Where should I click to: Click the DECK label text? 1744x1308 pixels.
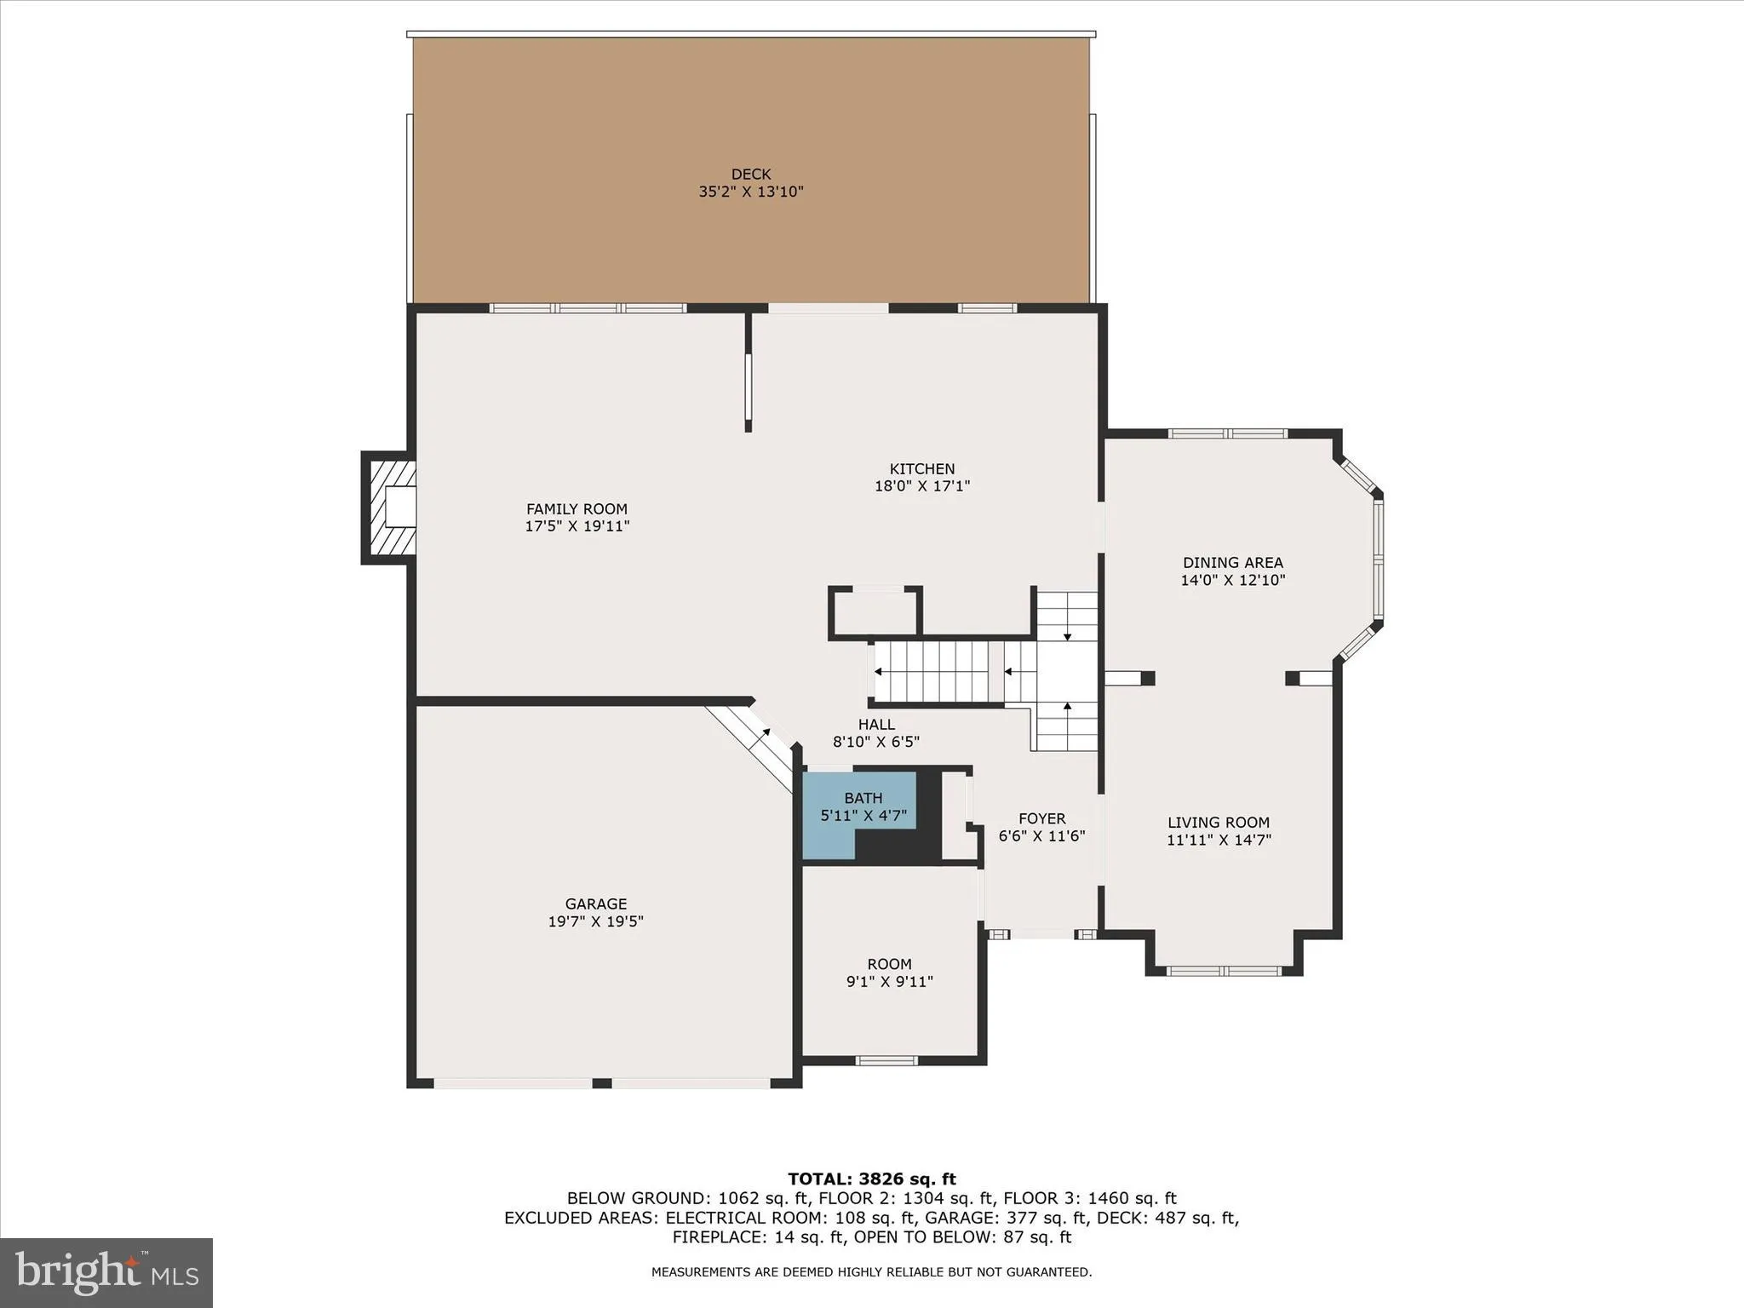(x=750, y=175)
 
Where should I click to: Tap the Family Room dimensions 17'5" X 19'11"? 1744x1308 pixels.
(x=577, y=526)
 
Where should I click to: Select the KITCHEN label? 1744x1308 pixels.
(x=921, y=468)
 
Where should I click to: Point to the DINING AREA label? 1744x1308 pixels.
(x=1232, y=562)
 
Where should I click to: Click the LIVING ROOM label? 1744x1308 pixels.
(x=1218, y=822)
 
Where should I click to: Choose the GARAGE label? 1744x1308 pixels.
(x=595, y=904)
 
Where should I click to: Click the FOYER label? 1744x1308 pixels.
(x=1041, y=818)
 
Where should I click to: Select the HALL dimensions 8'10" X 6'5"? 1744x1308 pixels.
(x=875, y=742)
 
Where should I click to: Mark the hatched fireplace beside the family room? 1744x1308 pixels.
(x=389, y=508)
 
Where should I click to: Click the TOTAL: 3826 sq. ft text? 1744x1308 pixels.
(x=871, y=1179)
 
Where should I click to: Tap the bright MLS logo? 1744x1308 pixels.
(x=106, y=1273)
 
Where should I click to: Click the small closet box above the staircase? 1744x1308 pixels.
(x=875, y=611)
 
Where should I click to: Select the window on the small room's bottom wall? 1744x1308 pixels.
(x=886, y=1060)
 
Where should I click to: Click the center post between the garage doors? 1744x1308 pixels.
(x=601, y=1083)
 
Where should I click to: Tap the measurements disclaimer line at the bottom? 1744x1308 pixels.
(x=871, y=1272)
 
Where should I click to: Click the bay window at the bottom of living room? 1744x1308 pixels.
(x=1224, y=971)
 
